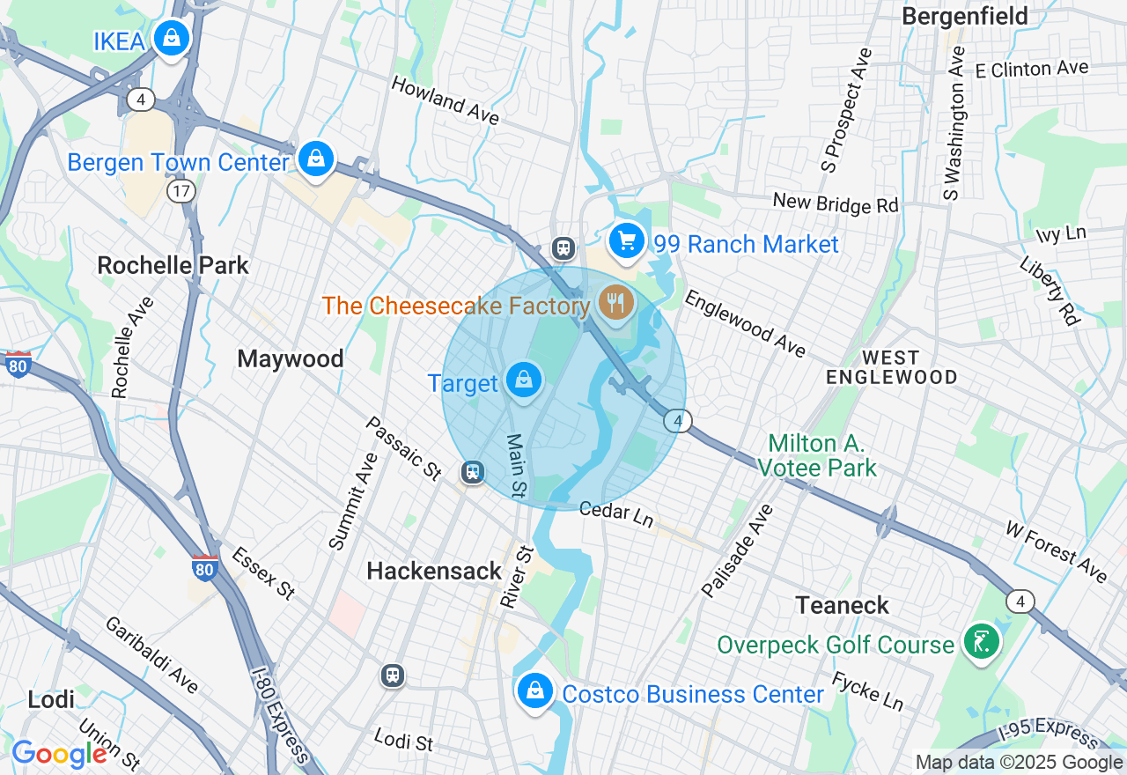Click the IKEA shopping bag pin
point(172,39)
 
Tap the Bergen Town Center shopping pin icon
point(315,159)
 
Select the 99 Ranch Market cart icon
point(626,240)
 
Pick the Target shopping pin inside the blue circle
point(524,380)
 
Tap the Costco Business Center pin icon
point(534,691)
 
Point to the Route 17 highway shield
point(181,190)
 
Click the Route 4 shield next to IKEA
point(140,99)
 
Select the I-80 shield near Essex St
point(204,569)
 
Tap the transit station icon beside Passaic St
point(474,473)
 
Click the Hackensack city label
point(434,572)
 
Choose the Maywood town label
point(290,359)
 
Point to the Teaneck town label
point(842,606)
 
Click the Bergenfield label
point(964,16)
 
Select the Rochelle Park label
point(173,265)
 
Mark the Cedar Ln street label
point(616,514)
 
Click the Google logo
point(59,754)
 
